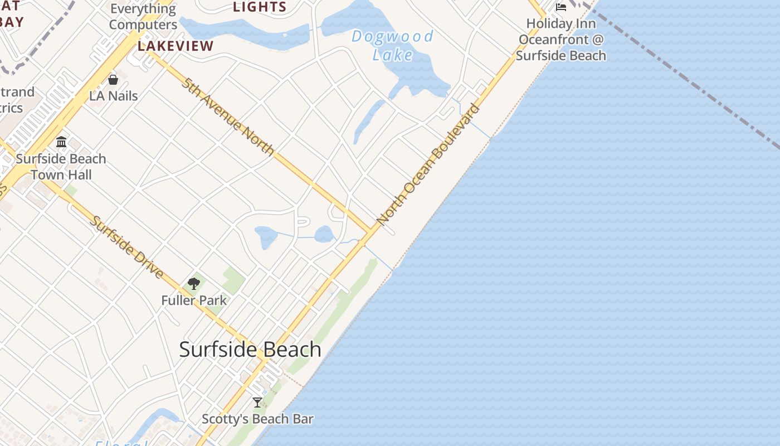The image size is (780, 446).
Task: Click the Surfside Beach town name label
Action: (250, 350)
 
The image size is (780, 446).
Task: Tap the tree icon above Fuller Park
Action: (194, 284)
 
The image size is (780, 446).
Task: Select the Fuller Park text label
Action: (194, 300)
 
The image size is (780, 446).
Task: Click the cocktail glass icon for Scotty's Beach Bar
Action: (257, 402)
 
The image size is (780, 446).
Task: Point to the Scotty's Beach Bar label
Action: (257, 419)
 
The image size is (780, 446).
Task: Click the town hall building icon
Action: (61, 142)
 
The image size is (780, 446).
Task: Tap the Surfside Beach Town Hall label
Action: (61, 167)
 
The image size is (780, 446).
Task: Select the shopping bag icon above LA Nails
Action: (113, 80)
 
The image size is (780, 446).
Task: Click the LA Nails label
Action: (114, 96)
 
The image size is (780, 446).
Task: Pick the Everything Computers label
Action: (143, 17)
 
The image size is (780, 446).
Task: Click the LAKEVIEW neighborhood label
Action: (175, 46)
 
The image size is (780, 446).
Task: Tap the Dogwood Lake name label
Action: (392, 46)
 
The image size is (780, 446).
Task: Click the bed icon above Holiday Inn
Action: (561, 7)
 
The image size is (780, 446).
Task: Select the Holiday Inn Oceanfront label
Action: (561, 40)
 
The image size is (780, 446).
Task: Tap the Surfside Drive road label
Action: (127, 247)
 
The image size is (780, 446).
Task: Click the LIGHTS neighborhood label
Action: (260, 7)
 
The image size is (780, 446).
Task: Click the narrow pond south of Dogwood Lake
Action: (368, 120)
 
